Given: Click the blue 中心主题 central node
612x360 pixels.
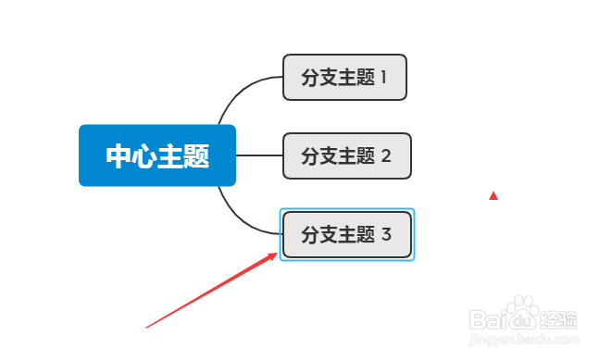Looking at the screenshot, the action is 157,155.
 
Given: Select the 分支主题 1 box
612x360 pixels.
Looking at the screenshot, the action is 344,77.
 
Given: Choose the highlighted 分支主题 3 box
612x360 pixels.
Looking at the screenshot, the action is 346,234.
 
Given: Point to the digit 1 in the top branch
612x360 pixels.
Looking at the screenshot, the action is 384,77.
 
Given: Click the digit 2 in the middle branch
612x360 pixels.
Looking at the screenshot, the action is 386,155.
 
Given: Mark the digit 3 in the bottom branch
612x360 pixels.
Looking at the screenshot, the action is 386,234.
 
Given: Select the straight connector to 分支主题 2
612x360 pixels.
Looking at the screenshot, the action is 259,155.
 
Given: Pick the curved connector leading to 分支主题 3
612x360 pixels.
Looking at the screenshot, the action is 241,220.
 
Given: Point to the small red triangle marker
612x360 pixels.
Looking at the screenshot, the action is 493,195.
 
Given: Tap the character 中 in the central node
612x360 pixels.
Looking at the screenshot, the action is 119,155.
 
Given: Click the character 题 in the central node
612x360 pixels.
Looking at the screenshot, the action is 196,155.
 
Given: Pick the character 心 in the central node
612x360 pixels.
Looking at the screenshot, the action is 144,155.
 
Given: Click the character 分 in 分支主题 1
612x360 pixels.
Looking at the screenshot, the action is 310,77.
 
